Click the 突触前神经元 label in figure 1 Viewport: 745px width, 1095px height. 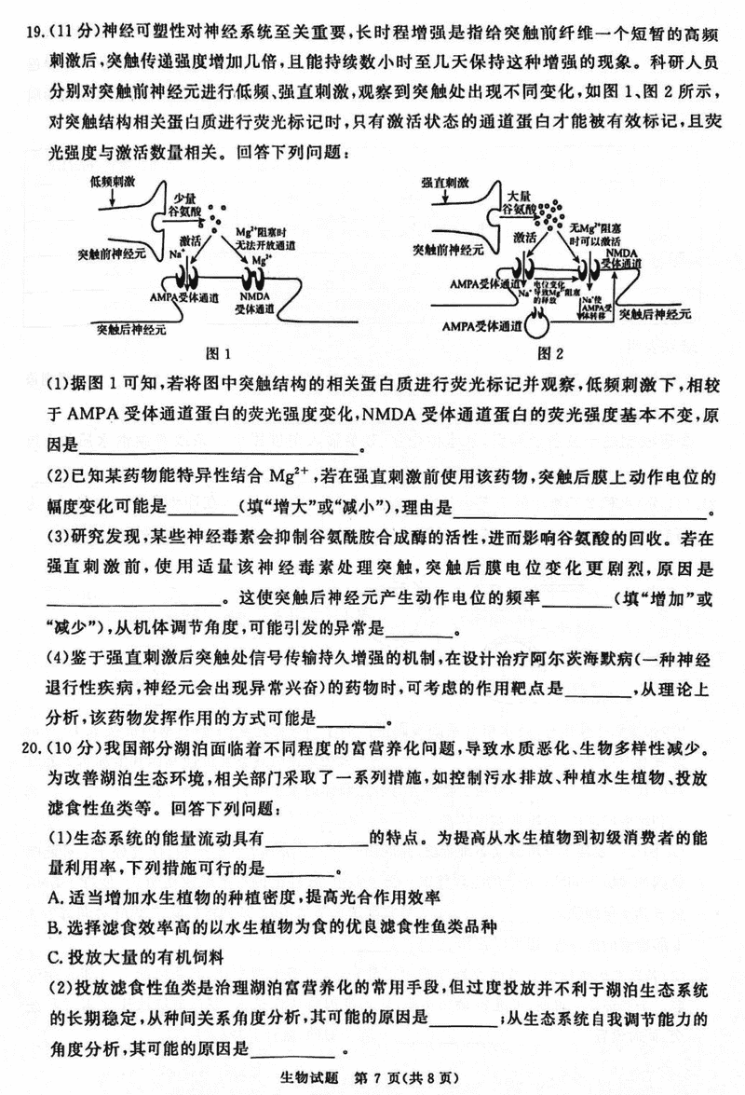[111, 253]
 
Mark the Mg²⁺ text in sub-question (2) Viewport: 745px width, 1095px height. [292, 478]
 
